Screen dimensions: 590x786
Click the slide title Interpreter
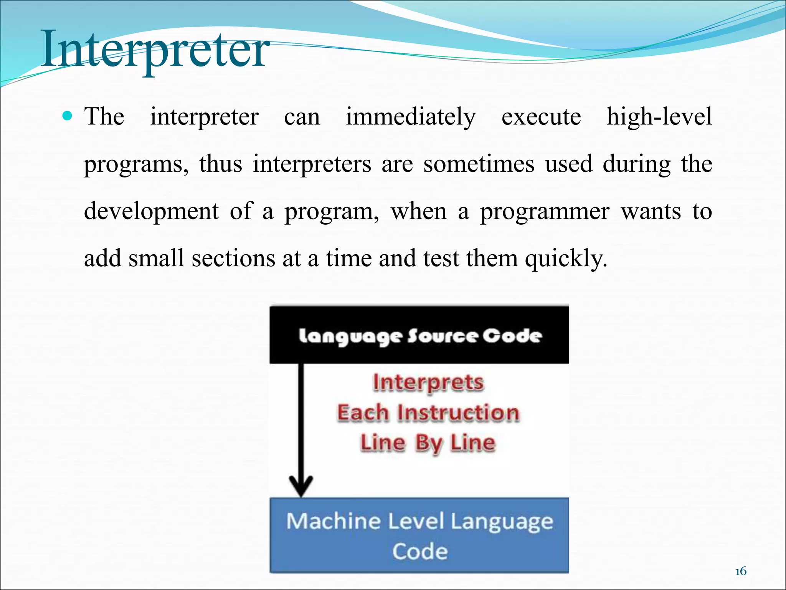155,50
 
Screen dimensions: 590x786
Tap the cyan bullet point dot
67,116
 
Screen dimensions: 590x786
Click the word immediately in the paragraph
411,117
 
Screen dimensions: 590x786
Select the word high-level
659,117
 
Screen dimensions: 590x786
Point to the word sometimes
479,164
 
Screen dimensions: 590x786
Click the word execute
541,117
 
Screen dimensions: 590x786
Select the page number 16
741,572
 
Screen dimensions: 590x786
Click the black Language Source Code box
419,335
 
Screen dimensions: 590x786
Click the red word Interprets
428,383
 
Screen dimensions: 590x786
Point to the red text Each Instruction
428,413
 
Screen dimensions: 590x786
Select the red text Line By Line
428,443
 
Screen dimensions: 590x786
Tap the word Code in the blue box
420,552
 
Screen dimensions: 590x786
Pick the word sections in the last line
233,259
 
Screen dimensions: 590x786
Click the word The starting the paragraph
104,117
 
